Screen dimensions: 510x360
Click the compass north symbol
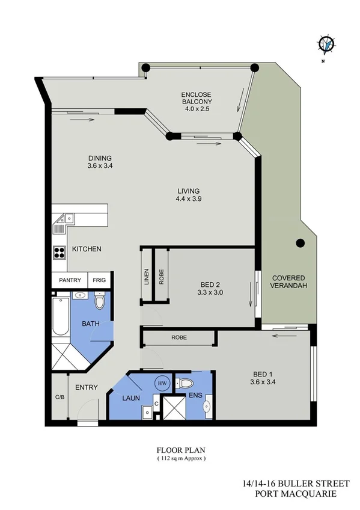tap(326, 44)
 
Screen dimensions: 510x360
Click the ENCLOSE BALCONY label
tap(198, 99)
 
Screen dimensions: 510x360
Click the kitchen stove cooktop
tap(59, 253)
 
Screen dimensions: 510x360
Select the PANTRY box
tap(70, 280)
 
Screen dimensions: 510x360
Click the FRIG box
tap(99, 280)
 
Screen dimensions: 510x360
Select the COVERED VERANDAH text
tap(289, 281)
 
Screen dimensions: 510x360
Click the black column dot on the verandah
tap(301, 244)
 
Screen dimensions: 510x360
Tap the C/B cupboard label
tap(59, 397)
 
